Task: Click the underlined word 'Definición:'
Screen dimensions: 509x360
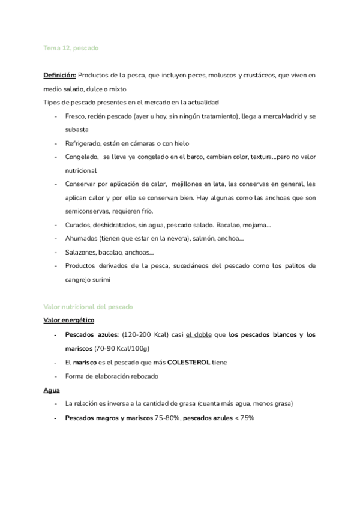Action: pyautogui.click(x=59, y=75)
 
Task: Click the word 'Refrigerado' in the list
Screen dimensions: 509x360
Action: pyautogui.click(x=83, y=143)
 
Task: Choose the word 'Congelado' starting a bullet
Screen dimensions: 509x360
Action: pyautogui.click(x=82, y=157)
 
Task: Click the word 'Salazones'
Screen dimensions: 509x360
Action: pyautogui.click(x=82, y=253)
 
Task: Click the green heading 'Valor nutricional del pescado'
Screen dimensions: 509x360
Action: pyautogui.click(x=89, y=307)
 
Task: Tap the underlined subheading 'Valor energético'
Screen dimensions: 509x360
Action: pyautogui.click(x=68, y=321)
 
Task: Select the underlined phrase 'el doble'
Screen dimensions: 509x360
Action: pyautogui.click(x=199, y=334)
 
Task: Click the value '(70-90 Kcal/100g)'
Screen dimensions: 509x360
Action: pyautogui.click(x=122, y=348)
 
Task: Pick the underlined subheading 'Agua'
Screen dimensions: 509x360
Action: pyautogui.click(x=52, y=390)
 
